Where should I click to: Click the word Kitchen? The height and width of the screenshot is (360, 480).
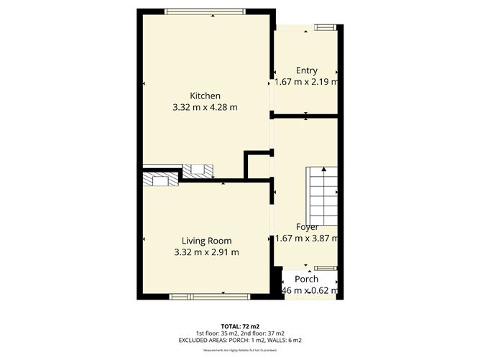205,96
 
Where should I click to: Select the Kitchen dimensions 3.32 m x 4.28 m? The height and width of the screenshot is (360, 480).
205,107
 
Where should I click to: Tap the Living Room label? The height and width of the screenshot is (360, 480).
206,241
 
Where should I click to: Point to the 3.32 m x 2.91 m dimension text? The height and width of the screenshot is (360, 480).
206,252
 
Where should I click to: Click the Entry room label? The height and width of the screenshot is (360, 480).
306,70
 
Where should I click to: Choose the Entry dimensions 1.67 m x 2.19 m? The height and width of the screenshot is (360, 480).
306,82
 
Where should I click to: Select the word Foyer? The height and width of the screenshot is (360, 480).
306,227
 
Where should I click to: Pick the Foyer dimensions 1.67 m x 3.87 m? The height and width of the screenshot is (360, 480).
306,239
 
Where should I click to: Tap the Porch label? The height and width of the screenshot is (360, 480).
307,279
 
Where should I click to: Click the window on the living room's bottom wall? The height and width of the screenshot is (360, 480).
209,296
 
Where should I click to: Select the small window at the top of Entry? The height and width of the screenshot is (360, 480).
324,27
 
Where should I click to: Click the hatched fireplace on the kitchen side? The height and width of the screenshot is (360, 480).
198,170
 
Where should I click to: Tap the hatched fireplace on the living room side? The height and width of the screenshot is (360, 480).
160,180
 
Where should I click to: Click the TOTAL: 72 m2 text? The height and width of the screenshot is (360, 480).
239,326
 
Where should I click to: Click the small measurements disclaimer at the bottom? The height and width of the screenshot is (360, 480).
239,350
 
